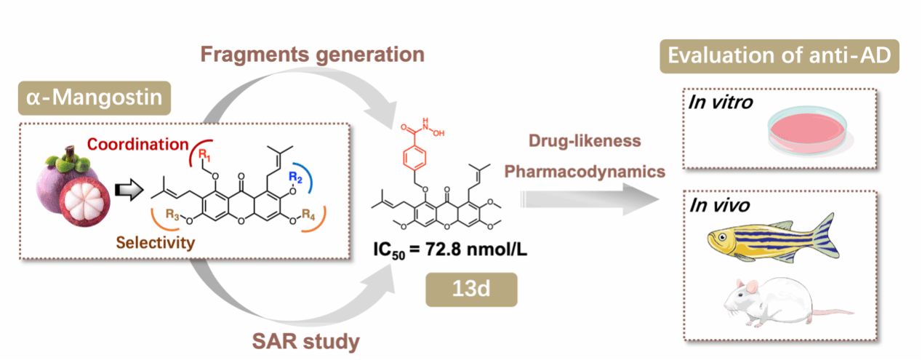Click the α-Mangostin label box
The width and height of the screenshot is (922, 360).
(x=95, y=98)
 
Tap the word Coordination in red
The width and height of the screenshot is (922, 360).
(x=138, y=145)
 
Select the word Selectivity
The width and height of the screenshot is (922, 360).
(x=155, y=243)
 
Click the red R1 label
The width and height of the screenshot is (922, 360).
(x=204, y=155)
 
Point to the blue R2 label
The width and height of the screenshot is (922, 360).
(x=295, y=177)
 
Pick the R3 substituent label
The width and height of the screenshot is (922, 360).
(x=172, y=215)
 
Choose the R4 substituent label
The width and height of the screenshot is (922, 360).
(x=308, y=215)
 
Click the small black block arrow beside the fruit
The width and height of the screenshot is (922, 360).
(x=129, y=190)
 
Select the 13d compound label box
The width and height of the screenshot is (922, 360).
(x=471, y=289)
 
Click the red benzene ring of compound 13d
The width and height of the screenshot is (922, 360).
(x=414, y=159)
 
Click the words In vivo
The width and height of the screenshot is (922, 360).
(x=719, y=205)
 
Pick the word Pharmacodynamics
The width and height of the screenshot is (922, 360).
(x=585, y=172)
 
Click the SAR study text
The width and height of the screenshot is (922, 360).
(x=306, y=342)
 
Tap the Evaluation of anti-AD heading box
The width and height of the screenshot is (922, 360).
(x=779, y=57)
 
